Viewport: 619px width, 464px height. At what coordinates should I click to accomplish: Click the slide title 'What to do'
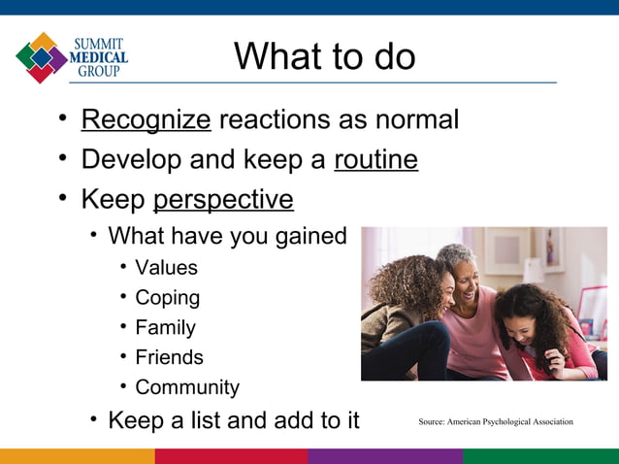click(324, 56)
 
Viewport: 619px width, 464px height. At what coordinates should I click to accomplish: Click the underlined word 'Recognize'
click(146, 120)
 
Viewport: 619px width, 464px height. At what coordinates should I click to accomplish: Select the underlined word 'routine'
click(375, 159)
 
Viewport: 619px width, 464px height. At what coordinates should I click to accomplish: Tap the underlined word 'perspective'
click(223, 199)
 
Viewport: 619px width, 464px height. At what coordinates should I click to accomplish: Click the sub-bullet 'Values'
click(166, 268)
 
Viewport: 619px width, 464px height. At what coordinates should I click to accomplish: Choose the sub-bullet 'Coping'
click(167, 298)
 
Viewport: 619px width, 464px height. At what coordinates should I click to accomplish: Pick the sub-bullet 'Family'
click(165, 328)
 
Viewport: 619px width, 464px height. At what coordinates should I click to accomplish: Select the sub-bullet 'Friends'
click(169, 357)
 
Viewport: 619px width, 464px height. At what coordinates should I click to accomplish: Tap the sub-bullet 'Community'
click(186, 387)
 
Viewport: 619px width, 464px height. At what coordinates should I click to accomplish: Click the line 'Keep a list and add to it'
click(233, 420)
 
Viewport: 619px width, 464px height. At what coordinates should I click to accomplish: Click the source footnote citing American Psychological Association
click(495, 421)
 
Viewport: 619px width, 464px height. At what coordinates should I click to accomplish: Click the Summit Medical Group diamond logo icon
click(41, 57)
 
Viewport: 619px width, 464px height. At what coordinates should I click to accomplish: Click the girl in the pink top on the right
click(543, 330)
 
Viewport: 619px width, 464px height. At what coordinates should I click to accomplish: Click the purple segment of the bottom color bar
click(385, 456)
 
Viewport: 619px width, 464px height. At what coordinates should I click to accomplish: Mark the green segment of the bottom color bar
click(540, 456)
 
